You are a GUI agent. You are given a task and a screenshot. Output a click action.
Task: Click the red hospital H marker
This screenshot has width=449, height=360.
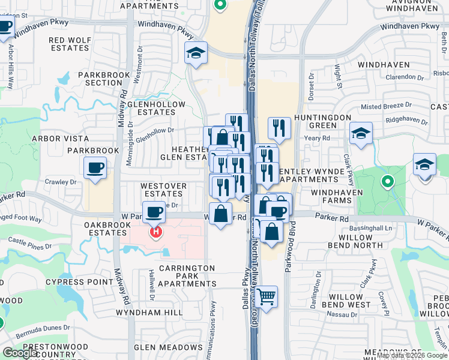pos(156,230)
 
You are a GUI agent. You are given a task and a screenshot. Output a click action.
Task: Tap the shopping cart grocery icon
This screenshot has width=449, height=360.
pos(267,296)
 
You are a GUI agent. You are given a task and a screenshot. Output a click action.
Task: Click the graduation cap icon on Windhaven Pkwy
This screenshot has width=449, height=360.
pos(196,53)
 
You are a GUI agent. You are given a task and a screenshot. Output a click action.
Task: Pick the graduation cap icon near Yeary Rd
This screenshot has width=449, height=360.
pos(361,134)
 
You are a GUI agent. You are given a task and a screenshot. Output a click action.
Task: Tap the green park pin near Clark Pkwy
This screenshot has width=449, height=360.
pos(388,180)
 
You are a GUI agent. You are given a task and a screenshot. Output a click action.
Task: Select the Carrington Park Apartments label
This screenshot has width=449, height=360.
pos(187,275)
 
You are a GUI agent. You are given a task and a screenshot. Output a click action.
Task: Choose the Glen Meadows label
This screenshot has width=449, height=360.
pos(168,347)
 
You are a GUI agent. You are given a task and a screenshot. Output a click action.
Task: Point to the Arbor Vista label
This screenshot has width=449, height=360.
pos(60,139)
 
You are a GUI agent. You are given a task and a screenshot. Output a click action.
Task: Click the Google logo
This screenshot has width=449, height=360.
pos(20,353)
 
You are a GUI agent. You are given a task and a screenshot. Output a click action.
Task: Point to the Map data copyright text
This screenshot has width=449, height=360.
pos(411,355)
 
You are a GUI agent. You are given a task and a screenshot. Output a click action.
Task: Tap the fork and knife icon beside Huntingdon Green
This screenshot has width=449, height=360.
pos(279,127)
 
